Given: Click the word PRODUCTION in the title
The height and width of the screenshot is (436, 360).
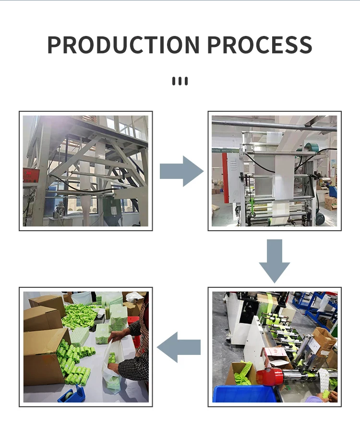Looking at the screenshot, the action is click(123, 45).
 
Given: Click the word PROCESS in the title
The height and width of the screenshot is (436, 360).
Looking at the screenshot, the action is click(260, 45).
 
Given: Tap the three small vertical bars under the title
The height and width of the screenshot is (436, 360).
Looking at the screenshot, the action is click(180, 81).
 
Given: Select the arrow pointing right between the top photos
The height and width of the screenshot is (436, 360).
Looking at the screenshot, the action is click(181, 171).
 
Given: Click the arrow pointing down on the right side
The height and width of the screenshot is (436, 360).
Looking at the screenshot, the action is click(275, 261).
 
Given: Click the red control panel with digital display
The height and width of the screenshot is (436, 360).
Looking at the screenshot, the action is click(31, 175).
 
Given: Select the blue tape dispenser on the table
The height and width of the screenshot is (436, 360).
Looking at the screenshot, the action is click(71, 394).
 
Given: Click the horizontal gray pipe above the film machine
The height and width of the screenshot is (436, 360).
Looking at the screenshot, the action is click(274, 126).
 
